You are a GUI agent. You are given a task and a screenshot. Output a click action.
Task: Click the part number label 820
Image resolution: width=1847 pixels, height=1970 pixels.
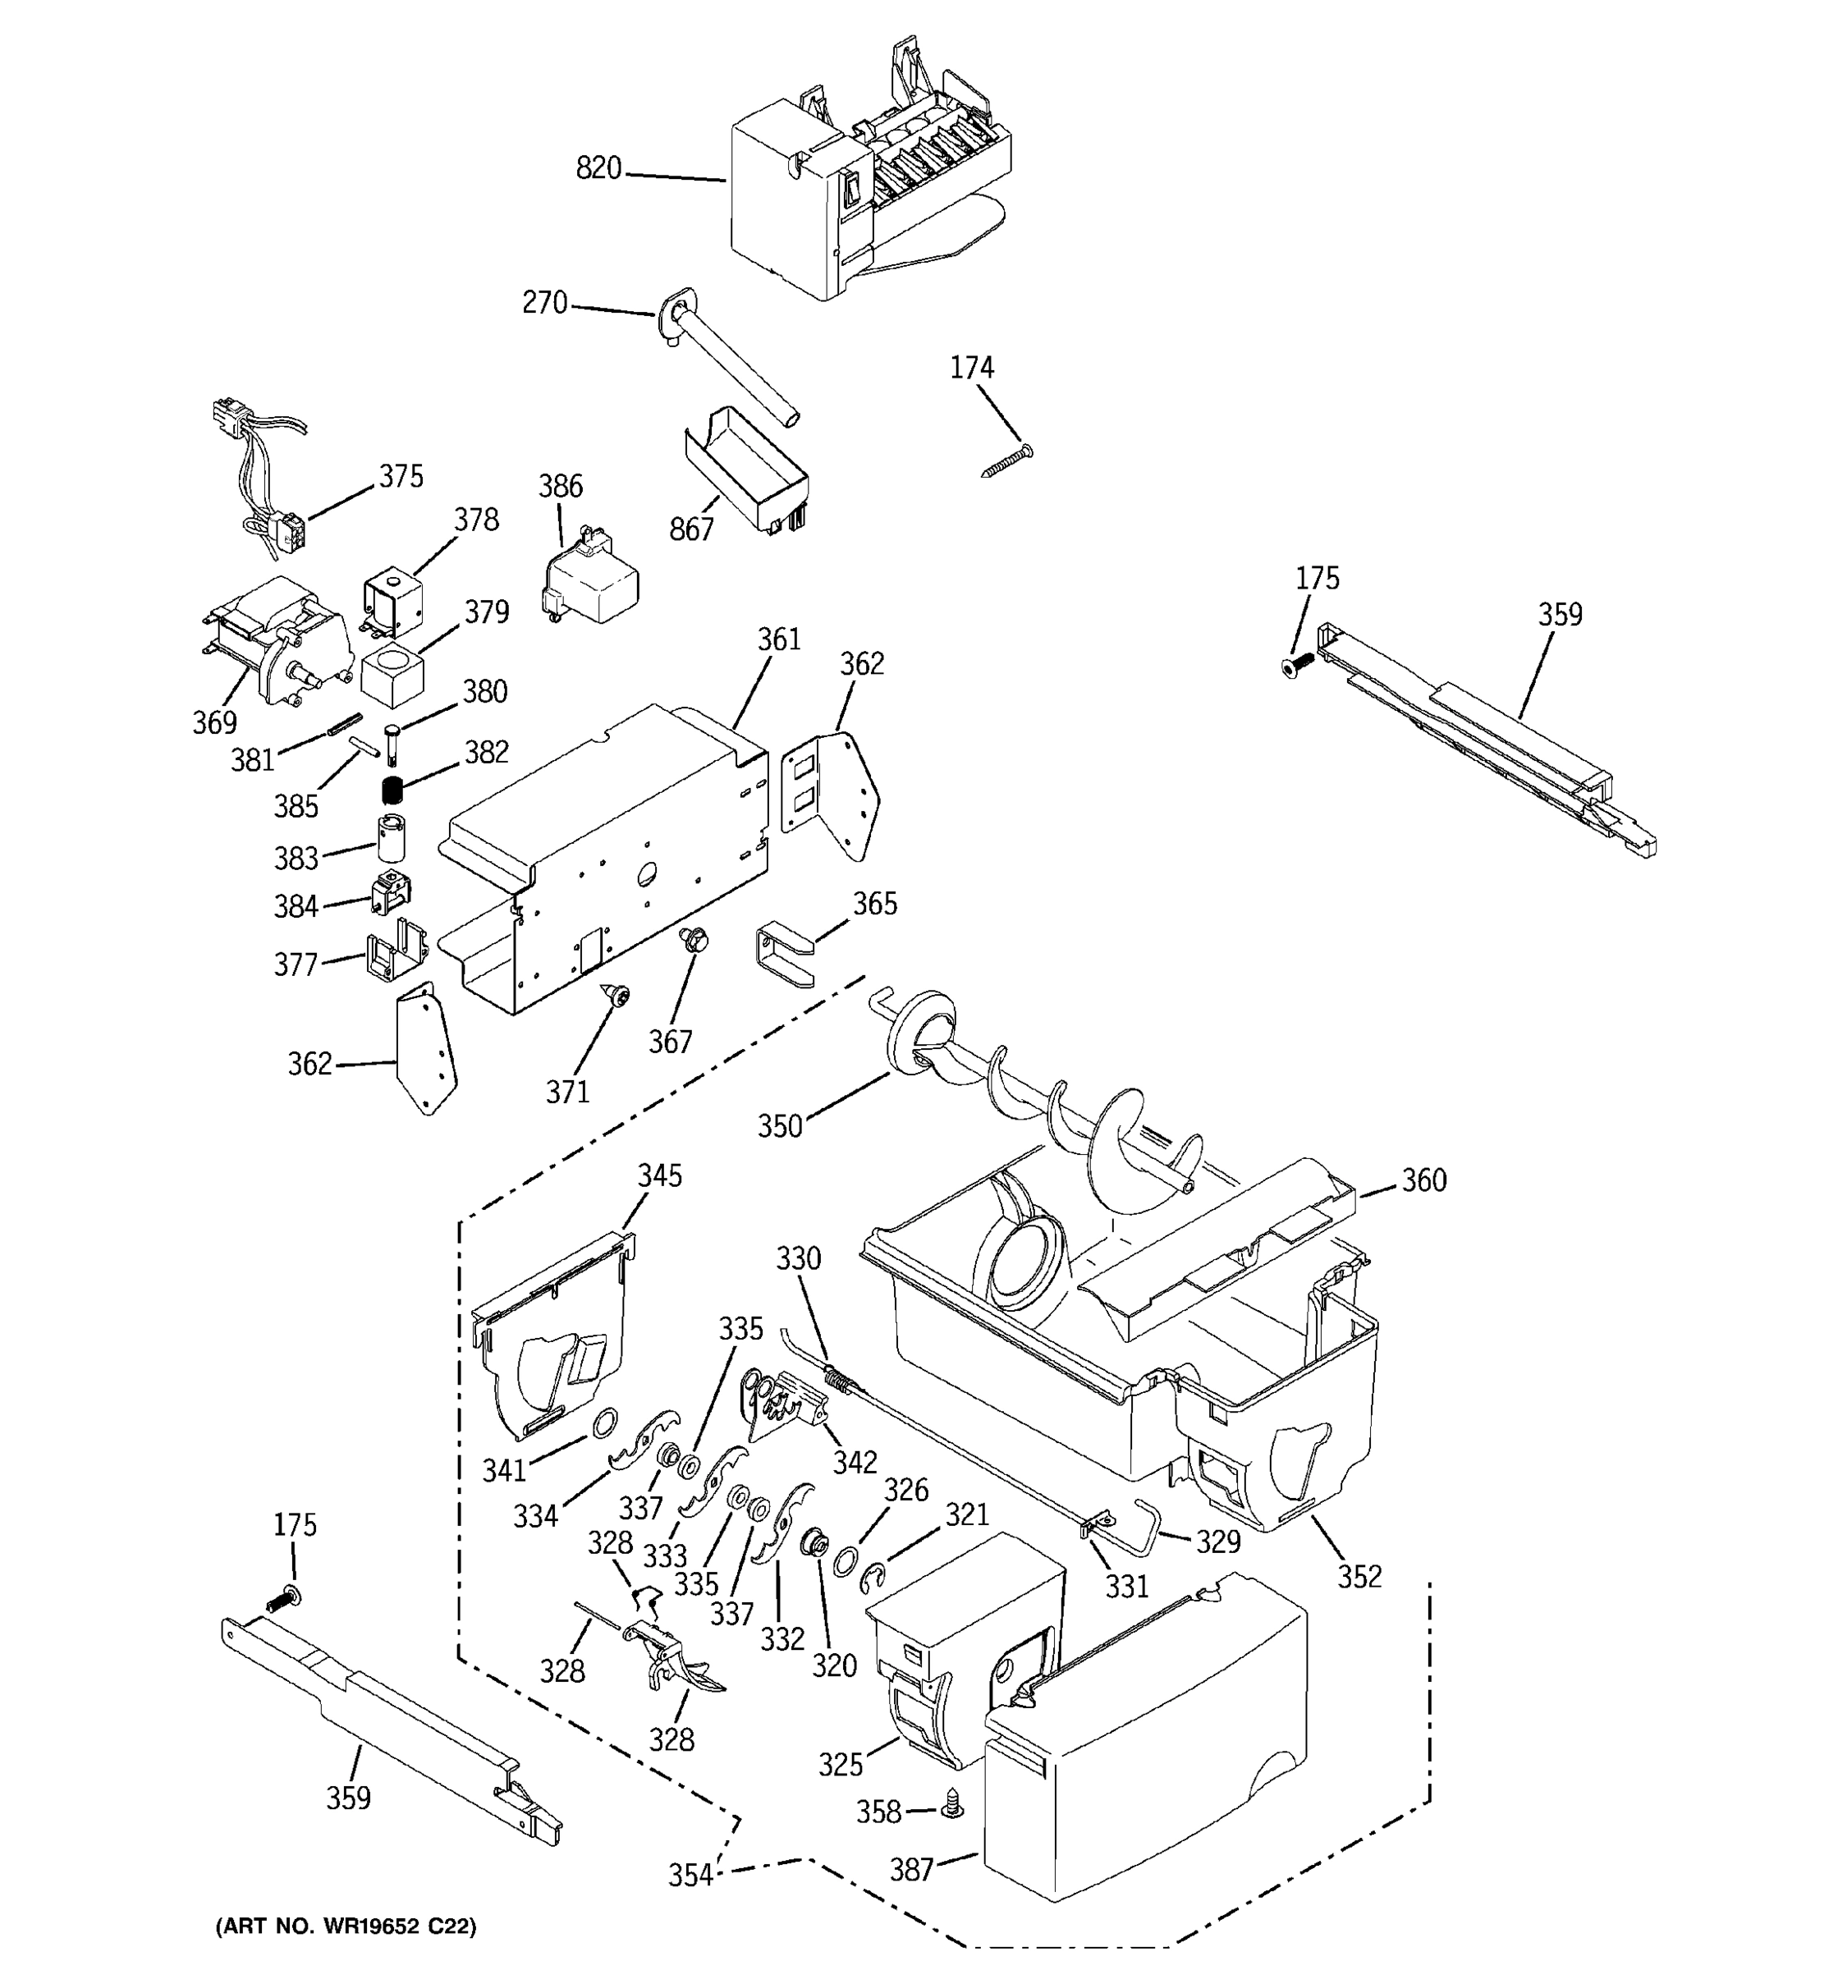(598, 168)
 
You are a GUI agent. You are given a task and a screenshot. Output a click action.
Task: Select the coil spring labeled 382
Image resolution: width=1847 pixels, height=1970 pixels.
(394, 790)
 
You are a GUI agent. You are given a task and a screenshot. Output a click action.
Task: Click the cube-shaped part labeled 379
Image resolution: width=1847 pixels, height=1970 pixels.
(392, 673)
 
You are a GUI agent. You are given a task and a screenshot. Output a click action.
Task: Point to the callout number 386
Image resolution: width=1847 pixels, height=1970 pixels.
(560, 487)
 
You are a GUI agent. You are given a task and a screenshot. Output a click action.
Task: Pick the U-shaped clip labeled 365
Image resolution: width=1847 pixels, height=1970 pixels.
(785, 952)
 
